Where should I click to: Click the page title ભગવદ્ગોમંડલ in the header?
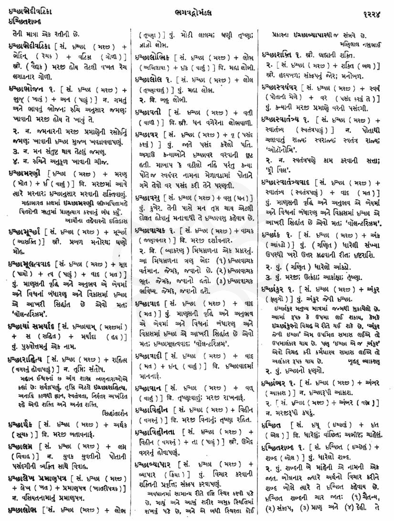pyautogui.click(x=197, y=9)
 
